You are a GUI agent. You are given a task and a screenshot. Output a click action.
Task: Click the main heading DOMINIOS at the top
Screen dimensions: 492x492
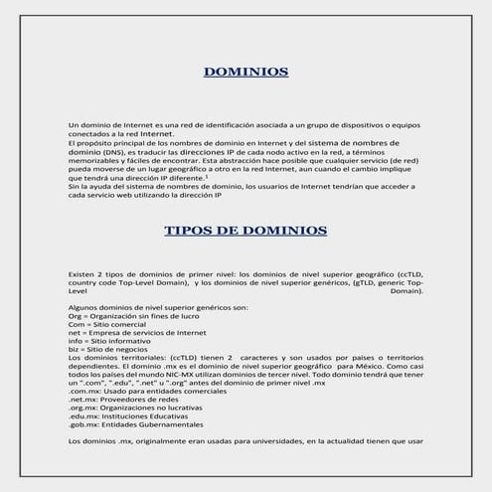pyautogui.click(x=246, y=72)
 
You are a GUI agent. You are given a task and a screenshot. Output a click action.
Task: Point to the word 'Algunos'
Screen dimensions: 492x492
pyautogui.click(x=82, y=309)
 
